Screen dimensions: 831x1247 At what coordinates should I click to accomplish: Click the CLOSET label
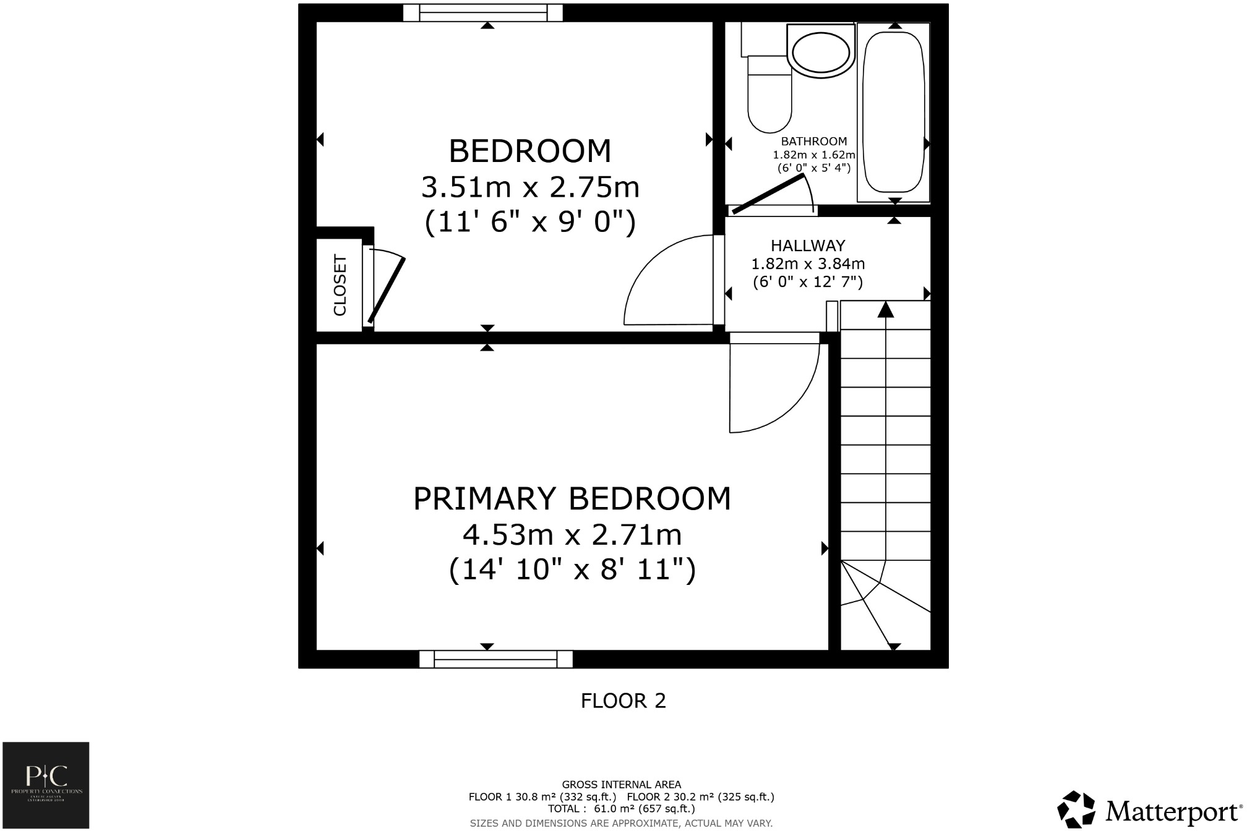tap(340, 285)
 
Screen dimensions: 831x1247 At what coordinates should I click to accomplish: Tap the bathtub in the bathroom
tap(893, 111)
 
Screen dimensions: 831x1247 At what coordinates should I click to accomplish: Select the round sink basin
tap(821, 53)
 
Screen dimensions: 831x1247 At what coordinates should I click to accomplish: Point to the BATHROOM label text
tap(813, 142)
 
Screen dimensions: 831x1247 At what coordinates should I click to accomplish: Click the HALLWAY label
tap(807, 245)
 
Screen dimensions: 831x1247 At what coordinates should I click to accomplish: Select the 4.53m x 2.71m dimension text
tap(572, 535)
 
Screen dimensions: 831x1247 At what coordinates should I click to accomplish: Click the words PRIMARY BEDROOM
tap(572, 499)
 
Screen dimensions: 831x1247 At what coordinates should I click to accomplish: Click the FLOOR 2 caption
tap(623, 701)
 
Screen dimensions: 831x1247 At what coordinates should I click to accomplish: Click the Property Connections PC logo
tap(46, 785)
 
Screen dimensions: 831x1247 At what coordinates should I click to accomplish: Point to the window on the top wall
tap(483, 12)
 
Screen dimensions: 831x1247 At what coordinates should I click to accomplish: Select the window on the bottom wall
tap(495, 659)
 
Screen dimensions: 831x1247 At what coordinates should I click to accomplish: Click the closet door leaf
tap(387, 291)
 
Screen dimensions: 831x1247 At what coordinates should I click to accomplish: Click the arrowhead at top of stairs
tap(886, 309)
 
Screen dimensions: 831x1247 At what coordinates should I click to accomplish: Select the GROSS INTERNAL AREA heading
tap(621, 785)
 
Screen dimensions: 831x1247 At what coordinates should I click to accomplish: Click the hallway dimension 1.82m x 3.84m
tap(807, 264)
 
